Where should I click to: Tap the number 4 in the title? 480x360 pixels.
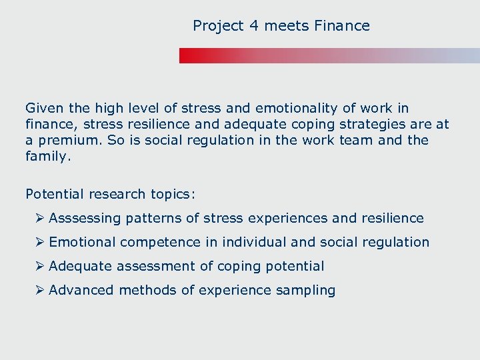coord(253,26)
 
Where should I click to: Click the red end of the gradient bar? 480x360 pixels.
coord(187,55)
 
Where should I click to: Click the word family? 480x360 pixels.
coord(46,157)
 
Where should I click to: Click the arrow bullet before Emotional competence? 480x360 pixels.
coord(41,242)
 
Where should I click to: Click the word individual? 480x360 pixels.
coord(254,242)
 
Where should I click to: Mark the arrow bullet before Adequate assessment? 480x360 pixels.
coord(41,266)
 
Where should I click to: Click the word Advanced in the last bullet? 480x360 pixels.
coord(81,290)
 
